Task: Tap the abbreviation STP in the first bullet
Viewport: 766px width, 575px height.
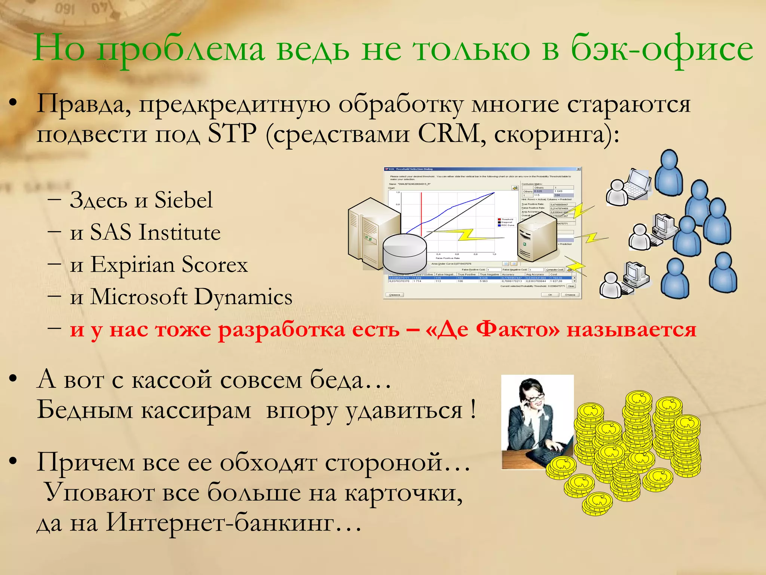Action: (232, 134)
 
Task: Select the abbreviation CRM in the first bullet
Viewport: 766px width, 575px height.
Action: (449, 134)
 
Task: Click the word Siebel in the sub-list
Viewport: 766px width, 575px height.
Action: (183, 200)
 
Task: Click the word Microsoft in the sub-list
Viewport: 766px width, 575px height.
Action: (139, 297)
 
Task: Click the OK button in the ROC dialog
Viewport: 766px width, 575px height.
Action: (550, 295)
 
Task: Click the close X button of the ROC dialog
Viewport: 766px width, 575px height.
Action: (578, 169)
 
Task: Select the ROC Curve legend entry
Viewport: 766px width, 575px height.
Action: (507, 225)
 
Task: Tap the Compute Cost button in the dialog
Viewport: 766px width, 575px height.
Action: (554, 270)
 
